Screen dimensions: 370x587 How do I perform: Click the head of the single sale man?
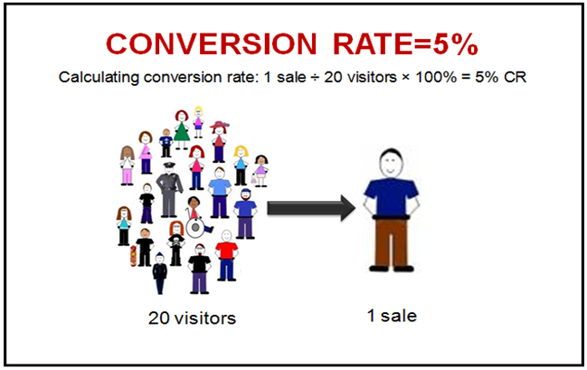point(388,163)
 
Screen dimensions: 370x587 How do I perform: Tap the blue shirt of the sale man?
point(388,199)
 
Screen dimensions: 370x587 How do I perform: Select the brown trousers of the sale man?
point(389,249)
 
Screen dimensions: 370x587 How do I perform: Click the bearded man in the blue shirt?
point(244,213)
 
